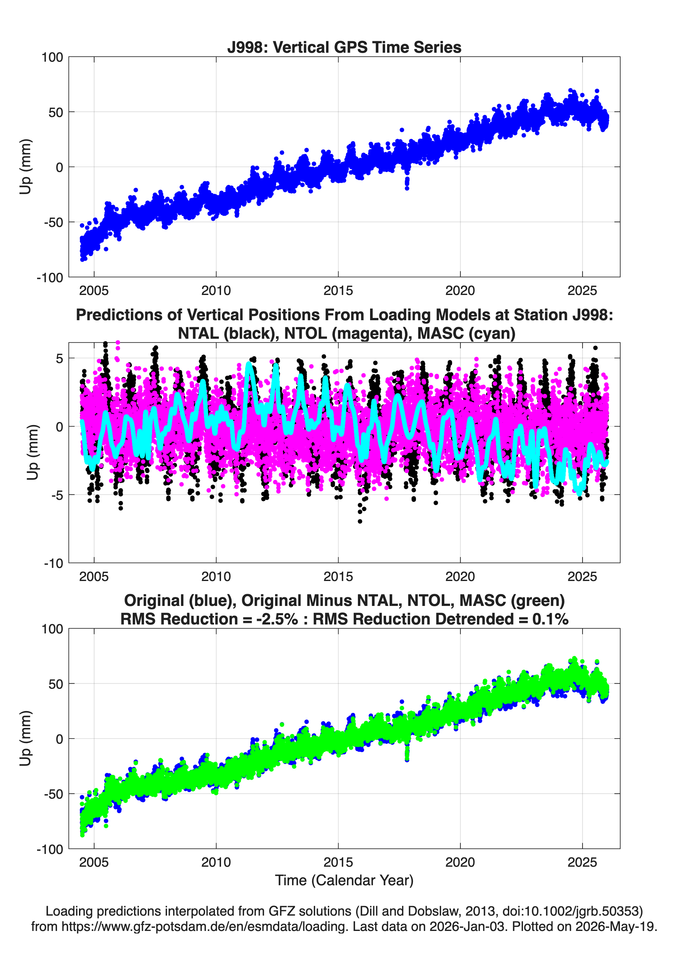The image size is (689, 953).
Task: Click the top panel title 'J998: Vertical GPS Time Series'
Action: point(344,47)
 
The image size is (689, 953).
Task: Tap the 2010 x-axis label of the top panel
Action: point(216,291)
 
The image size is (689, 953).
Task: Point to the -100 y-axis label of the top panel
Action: point(50,277)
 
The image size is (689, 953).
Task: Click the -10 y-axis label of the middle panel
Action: point(53,563)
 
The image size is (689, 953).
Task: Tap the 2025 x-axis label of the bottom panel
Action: point(582,862)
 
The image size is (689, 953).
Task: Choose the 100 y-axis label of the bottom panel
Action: point(52,629)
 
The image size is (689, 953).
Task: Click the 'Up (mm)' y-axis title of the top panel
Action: point(25,167)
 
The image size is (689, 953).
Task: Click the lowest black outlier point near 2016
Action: point(360,522)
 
